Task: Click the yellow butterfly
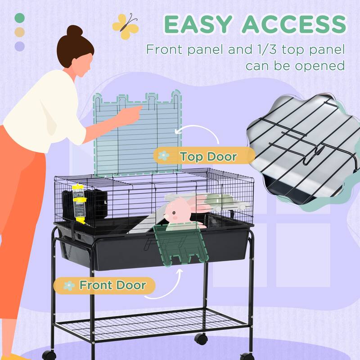click(x=126, y=26)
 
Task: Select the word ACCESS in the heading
click(x=294, y=24)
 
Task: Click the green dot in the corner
click(x=19, y=18)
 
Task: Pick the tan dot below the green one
click(x=19, y=32)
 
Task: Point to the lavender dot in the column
click(x=19, y=46)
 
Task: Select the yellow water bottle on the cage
click(x=79, y=204)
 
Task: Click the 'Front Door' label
click(x=104, y=285)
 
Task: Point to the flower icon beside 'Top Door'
click(x=163, y=156)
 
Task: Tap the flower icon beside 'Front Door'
click(x=69, y=286)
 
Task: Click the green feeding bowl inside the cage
click(x=218, y=199)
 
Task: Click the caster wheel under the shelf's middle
click(x=201, y=339)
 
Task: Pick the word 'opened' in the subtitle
click(x=320, y=66)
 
